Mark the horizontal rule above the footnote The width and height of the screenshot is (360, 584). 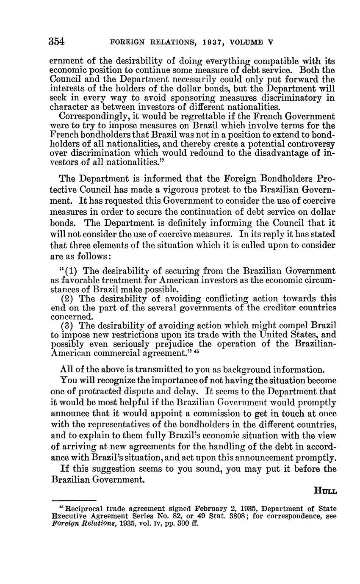pos(73,500)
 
